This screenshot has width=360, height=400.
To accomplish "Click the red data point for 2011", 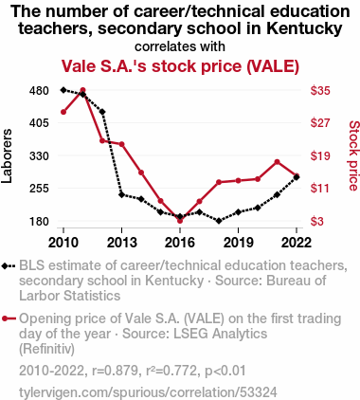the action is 82,90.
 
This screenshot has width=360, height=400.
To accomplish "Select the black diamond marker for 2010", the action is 63,90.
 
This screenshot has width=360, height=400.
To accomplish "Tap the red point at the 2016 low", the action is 180,221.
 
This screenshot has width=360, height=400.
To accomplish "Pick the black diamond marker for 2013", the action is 121,194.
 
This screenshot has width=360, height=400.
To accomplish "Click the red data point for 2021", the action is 277,162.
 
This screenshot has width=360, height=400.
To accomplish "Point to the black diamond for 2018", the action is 219,221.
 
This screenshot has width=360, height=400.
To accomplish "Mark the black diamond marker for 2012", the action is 102,112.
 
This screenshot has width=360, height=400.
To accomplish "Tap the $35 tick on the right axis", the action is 320,91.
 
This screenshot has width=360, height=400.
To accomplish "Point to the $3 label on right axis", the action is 317,221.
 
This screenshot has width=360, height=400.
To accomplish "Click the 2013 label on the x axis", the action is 122,243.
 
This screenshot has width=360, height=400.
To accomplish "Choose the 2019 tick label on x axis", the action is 238,243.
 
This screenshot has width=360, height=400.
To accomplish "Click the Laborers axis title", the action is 7,156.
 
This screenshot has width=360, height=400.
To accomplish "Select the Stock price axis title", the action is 353,155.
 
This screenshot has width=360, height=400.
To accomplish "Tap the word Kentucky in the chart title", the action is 304,27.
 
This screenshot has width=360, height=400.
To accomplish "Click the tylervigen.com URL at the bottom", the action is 148,392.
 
